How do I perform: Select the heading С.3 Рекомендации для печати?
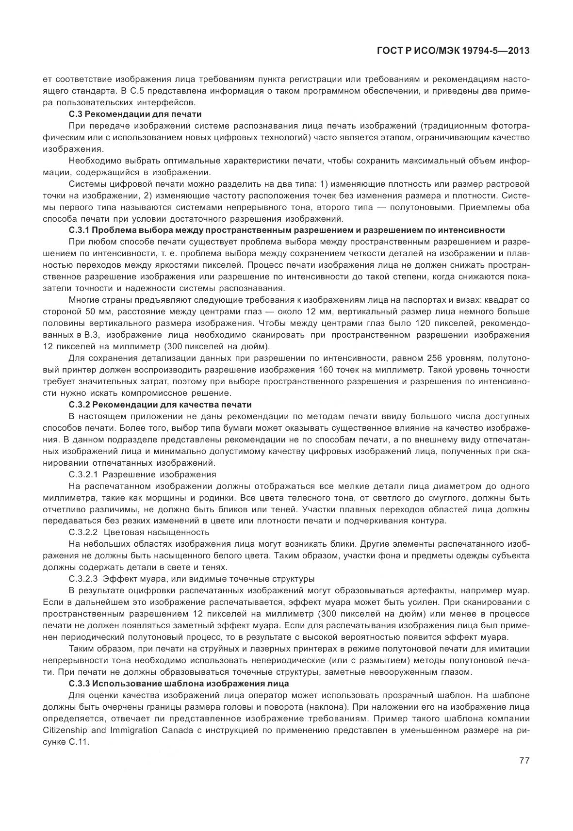[135, 114]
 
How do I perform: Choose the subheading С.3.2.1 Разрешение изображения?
[143, 474]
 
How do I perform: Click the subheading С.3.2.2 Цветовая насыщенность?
[139, 532]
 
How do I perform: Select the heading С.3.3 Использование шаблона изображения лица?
[179, 684]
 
